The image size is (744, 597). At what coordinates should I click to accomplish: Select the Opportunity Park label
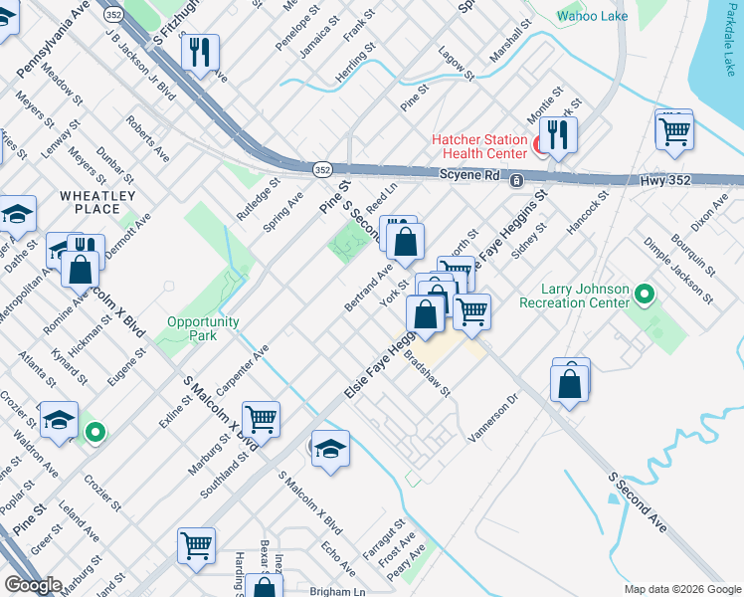pyautogui.click(x=203, y=328)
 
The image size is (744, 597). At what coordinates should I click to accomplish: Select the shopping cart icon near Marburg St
pyautogui.click(x=261, y=419)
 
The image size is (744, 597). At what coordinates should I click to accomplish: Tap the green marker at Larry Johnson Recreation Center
pyautogui.click(x=645, y=296)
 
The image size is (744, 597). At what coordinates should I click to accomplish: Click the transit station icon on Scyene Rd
pyautogui.click(x=516, y=181)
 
